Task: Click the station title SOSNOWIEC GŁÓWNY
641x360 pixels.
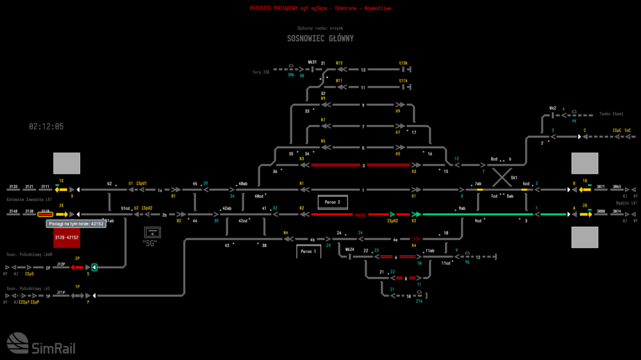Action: pyautogui.click(x=320, y=38)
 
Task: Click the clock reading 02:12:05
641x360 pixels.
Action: pyautogui.click(x=46, y=127)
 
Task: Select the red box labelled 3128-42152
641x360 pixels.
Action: pyautogui.click(x=67, y=238)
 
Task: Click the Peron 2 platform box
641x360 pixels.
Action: pyautogui.click(x=333, y=202)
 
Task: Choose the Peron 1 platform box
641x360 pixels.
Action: pyautogui.click(x=308, y=252)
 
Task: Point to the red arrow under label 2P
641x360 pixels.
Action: pyautogui.click(x=77, y=267)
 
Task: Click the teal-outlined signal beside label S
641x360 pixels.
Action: pyautogui.click(x=94, y=267)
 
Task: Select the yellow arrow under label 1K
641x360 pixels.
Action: pyautogui.click(x=62, y=190)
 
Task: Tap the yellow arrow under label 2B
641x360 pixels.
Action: pyautogui.click(x=585, y=214)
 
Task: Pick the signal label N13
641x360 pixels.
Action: pyautogui.click(x=339, y=63)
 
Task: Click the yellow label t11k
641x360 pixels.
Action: pyautogui.click(x=403, y=81)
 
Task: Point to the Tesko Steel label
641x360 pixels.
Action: pyautogui.click(x=611, y=114)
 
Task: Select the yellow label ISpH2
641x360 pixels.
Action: pyautogui.click(x=393, y=221)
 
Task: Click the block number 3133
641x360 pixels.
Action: pyautogui.click(x=13, y=186)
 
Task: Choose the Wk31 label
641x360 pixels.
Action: pyautogui.click(x=312, y=62)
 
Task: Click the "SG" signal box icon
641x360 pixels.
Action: pyautogui.click(x=152, y=232)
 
